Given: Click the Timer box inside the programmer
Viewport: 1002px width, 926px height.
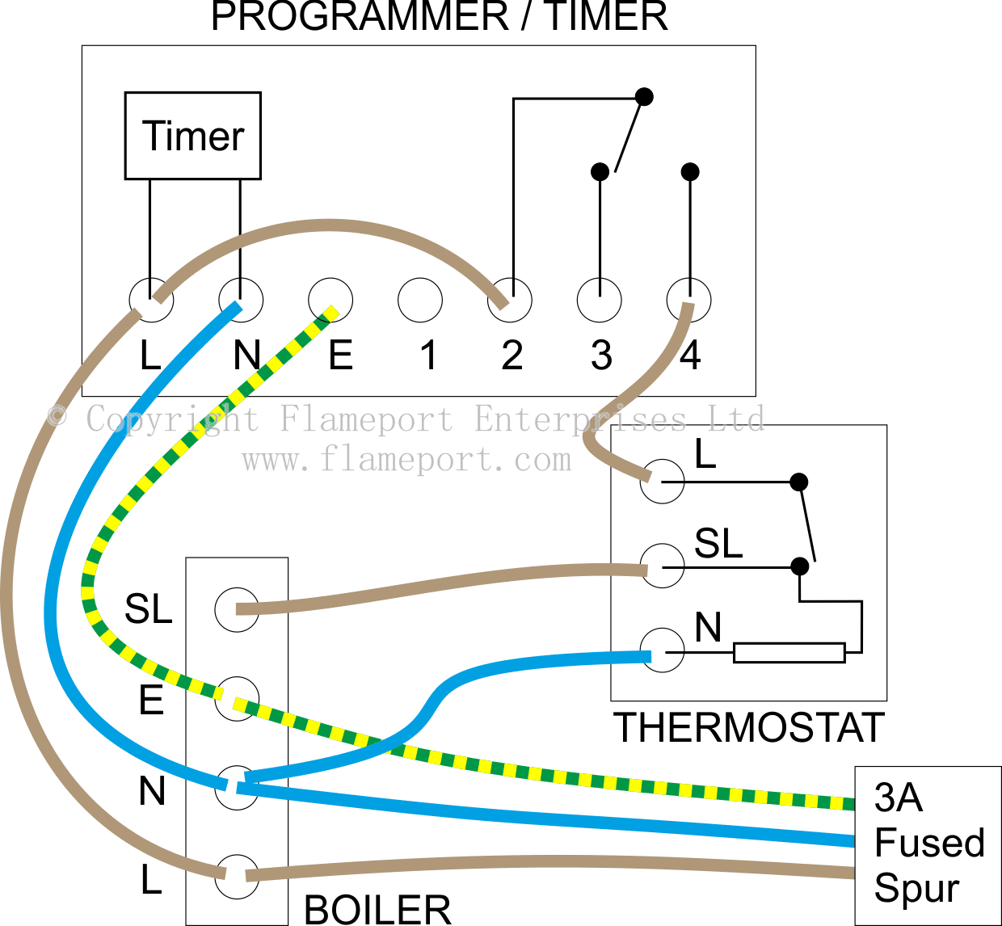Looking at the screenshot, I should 192,136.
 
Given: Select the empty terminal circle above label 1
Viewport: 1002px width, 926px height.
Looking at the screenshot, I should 420,301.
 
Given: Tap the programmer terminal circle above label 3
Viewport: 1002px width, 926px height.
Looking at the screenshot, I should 600,301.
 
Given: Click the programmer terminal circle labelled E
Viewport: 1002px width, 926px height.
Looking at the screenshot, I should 330,301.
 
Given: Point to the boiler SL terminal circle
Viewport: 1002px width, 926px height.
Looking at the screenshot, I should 237,609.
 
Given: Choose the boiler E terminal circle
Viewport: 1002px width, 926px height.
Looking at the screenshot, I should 237,699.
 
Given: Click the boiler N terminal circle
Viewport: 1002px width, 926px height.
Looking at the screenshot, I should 237,788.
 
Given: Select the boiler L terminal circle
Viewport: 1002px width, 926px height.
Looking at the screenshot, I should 237,877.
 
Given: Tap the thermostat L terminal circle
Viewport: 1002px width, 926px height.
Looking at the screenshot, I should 663,482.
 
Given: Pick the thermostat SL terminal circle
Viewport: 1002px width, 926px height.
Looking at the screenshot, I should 663,566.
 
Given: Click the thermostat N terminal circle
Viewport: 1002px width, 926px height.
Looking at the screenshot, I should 663,650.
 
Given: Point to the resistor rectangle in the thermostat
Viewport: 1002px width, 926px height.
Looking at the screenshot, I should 789,653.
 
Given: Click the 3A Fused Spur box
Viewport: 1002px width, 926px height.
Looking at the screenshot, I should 928,844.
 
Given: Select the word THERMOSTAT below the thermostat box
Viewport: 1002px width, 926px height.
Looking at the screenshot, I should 749,728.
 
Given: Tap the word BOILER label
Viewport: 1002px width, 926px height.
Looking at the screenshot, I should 377,910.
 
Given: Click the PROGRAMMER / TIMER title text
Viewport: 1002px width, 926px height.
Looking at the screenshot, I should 440,16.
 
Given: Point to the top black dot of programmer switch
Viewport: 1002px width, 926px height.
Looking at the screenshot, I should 644,97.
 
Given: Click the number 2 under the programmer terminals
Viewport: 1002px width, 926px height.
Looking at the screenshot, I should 512,356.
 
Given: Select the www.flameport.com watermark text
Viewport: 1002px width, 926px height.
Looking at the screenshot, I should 406,460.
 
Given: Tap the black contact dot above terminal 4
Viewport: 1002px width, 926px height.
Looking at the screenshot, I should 690,171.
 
